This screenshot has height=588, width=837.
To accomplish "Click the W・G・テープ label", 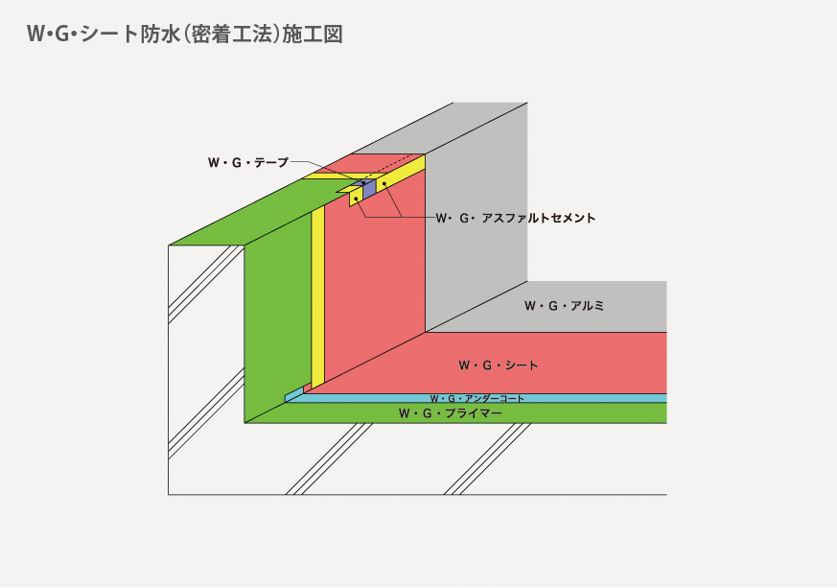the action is point(248,162).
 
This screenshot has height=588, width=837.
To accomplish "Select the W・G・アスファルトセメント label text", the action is point(516,218).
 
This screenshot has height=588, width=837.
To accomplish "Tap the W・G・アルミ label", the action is point(564,306).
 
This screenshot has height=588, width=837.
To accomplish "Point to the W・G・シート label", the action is point(498,365).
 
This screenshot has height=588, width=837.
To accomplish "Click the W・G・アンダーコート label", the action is point(477,398).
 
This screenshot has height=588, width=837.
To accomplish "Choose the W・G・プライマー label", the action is point(450,413).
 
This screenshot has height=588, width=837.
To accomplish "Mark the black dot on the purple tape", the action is point(363,183).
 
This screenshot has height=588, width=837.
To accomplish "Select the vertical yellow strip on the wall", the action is point(317,297).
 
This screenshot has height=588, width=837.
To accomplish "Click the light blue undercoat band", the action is point(477,398).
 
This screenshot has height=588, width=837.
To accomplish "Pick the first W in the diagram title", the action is point(35,35).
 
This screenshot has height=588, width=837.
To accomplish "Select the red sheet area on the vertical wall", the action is point(375,278).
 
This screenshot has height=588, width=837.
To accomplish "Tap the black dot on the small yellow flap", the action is point(356,199).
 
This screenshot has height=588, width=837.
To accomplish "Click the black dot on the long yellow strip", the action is point(384,184).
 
